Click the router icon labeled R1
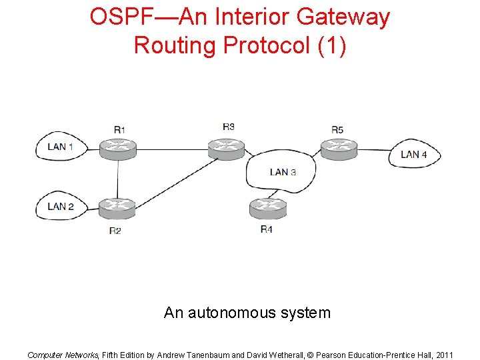coord(118,149)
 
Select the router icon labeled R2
coord(117,209)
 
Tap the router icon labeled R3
coord(227,149)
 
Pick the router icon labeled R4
coord(268,209)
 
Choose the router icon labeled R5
coord(339,149)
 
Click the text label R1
coord(119,129)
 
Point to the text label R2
coord(115,231)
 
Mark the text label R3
coord(229,127)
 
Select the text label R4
coord(267,229)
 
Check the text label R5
coord(337,129)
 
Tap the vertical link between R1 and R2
coord(118,179)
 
